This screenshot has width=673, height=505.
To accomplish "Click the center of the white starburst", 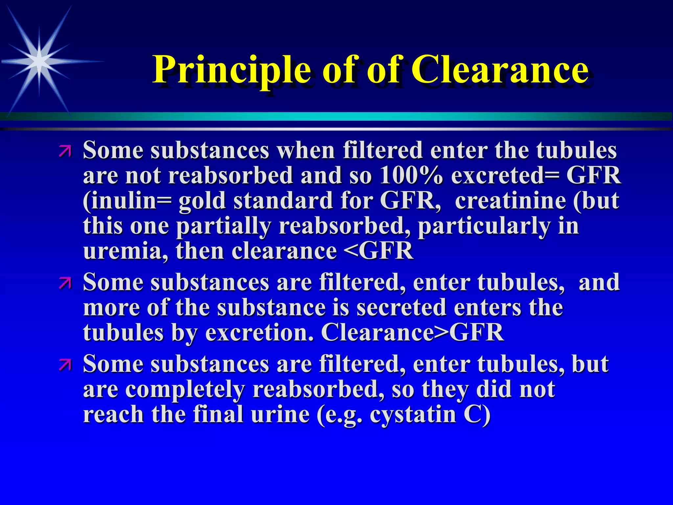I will [x=39, y=61].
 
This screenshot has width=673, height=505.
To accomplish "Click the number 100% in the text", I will [x=411, y=176].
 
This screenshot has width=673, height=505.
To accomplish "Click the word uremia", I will [x=125, y=251].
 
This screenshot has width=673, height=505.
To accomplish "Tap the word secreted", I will [x=401, y=308].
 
